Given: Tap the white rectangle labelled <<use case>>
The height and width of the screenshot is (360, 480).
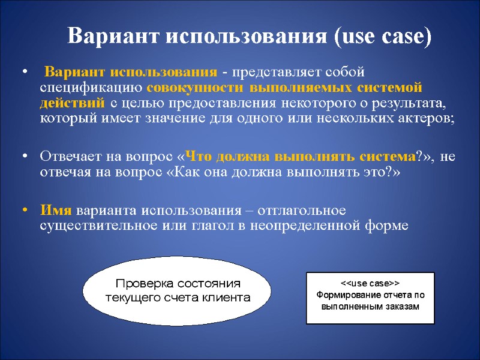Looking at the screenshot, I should click(370, 298).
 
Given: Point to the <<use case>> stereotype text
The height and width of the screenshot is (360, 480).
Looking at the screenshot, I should click(370, 282).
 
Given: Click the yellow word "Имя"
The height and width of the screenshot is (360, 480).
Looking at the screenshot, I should click(56, 211).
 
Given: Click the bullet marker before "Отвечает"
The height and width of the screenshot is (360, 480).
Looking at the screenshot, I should click(25, 157).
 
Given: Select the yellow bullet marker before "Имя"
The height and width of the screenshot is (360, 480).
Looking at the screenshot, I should click(25, 211).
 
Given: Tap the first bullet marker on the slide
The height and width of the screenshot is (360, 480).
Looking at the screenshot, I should click(25, 73).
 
